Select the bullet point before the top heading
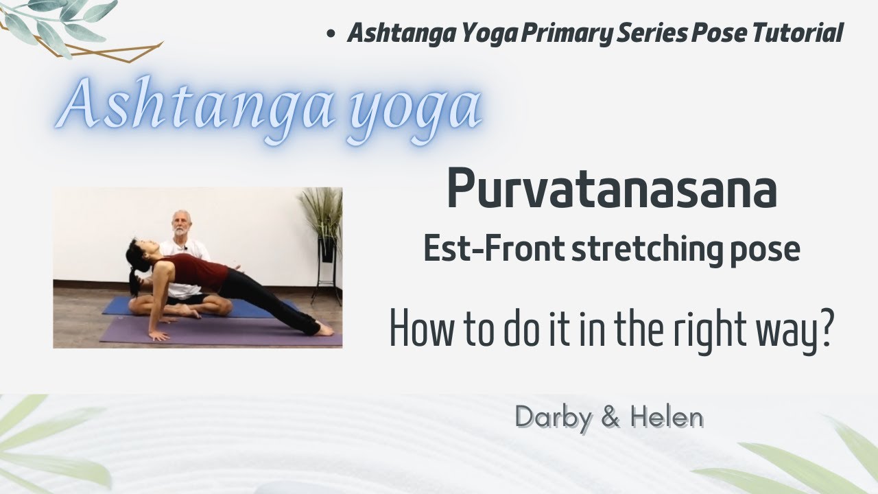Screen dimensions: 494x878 click(331, 34)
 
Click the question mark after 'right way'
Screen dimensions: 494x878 click(825, 329)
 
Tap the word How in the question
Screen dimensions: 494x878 click(419, 329)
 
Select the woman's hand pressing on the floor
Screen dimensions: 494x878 click(159, 336)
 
